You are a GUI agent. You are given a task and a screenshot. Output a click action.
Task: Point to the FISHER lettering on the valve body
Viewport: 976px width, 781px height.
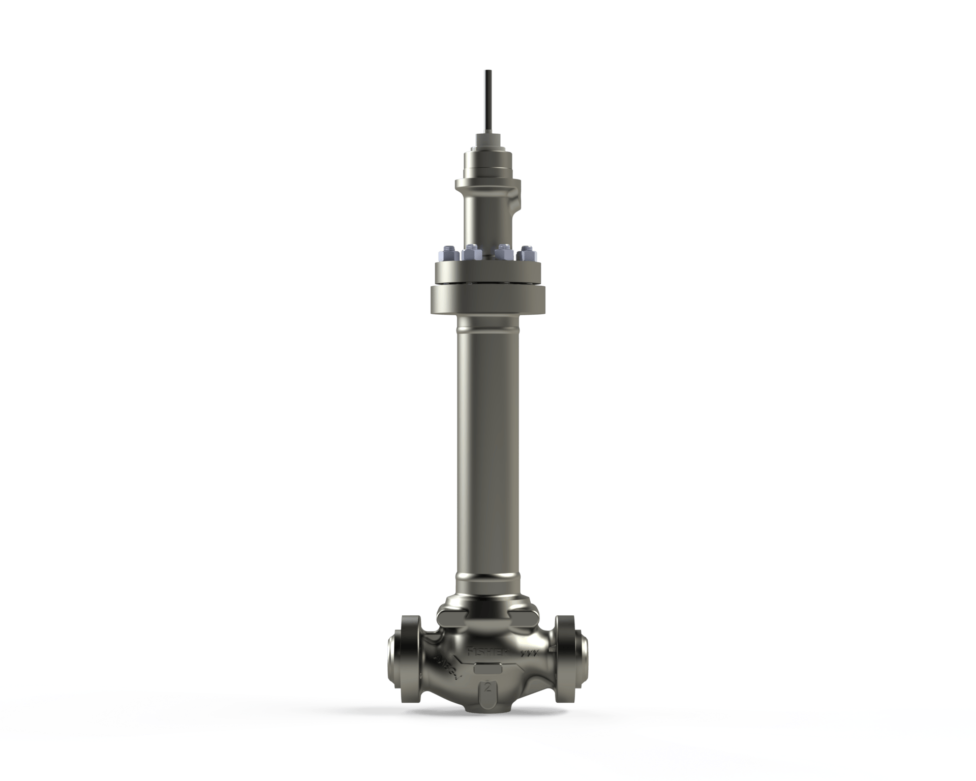tap(481, 652)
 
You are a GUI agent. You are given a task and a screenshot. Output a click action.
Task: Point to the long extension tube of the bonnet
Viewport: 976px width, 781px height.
tap(488, 447)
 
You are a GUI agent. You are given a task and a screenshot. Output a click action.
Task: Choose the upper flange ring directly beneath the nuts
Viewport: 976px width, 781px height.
tap(488, 273)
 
